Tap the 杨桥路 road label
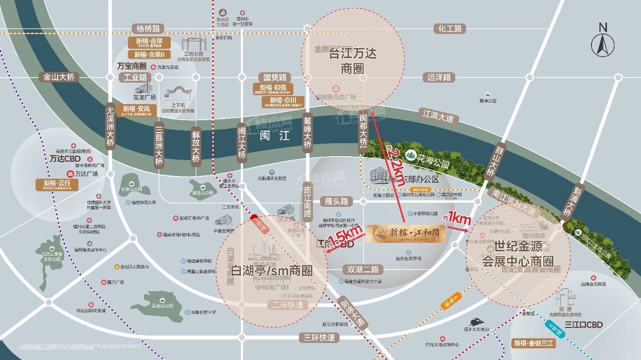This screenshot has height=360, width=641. click(x=148, y=29)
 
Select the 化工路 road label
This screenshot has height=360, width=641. click(x=450, y=29)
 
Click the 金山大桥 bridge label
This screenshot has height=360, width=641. click(x=59, y=77)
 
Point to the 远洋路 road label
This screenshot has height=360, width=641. click(x=439, y=77)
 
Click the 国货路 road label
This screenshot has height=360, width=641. click(x=275, y=77)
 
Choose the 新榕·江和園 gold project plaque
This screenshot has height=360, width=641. click(x=405, y=234)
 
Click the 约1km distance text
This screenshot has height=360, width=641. click(x=457, y=218)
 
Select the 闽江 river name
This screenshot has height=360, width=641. click(x=275, y=135)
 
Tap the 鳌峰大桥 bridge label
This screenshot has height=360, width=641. click(x=307, y=133)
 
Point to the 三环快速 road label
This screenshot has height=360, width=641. click(x=317, y=337)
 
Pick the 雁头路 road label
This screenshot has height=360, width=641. click(x=336, y=201)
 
